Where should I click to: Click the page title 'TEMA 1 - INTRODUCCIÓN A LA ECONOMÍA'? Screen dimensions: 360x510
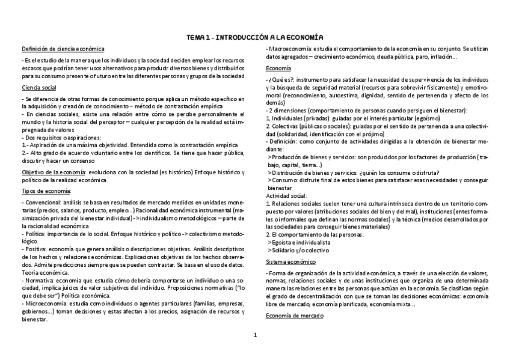coord(255,37)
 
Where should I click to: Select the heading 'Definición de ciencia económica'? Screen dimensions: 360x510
coord(63,48)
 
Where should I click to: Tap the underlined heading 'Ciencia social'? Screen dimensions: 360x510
coord(39,88)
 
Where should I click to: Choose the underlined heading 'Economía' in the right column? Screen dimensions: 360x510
coord(279,68)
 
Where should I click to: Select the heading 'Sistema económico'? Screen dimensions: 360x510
coord(292,262)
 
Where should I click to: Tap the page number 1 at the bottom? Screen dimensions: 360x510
coord(255,335)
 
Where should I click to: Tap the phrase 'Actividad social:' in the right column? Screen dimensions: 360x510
coord(286,196)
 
